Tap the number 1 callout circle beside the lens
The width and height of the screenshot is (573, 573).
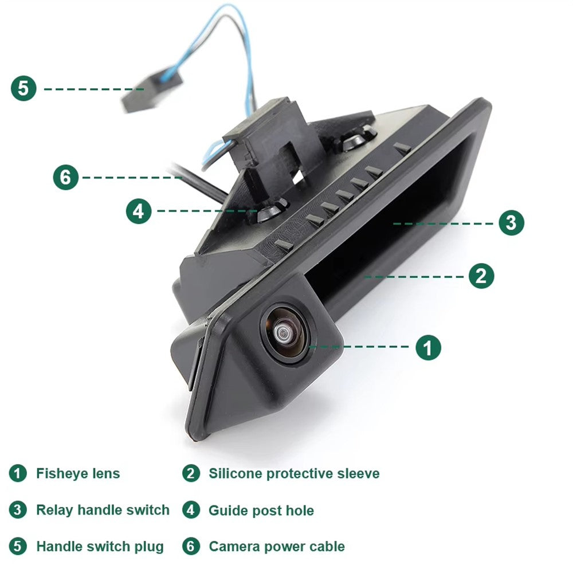(428, 347)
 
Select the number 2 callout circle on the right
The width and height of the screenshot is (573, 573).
(481, 276)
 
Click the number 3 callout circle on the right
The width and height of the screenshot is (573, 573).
(511, 222)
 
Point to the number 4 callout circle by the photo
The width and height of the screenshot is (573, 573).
(139, 211)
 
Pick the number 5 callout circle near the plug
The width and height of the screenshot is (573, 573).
(23, 88)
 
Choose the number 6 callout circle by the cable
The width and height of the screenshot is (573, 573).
(66, 177)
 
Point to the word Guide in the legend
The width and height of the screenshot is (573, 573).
(225, 511)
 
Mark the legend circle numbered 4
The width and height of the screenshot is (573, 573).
(191, 510)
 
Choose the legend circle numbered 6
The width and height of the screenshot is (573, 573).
(191, 546)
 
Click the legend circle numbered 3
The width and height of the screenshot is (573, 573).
(18, 510)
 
